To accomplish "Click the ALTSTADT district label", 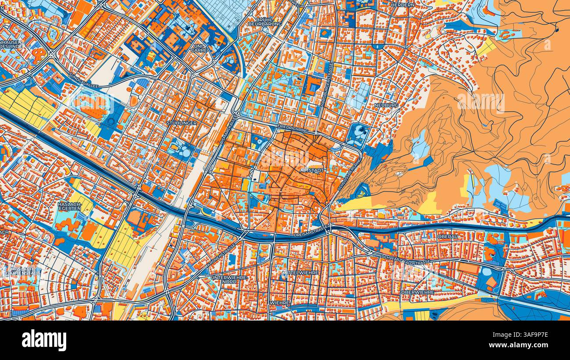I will point(312,170).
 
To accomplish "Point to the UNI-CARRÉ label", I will point(199,48).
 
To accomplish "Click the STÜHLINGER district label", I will point(182,123).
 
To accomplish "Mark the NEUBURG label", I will point(386,106).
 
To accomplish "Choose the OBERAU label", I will point(448,236).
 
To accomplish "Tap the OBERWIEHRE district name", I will point(417,292).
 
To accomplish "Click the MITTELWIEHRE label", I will point(300,272).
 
